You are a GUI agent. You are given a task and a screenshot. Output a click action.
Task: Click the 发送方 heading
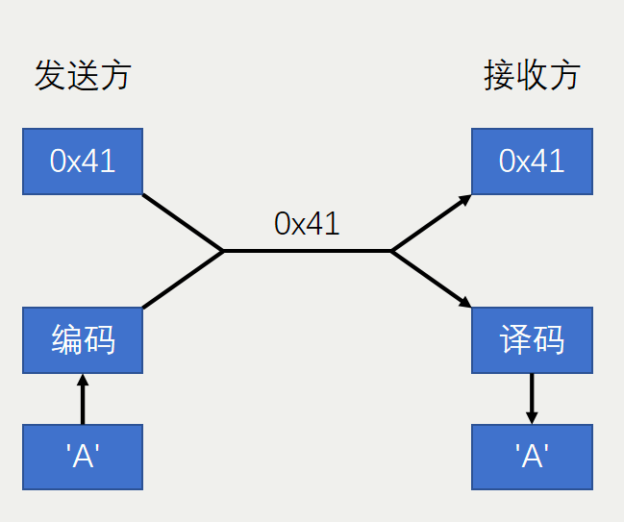click(82, 76)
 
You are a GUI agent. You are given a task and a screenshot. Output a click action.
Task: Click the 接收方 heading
click(532, 76)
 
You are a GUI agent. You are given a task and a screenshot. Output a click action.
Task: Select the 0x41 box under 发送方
click(83, 161)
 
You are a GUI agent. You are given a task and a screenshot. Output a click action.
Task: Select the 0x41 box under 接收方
click(532, 161)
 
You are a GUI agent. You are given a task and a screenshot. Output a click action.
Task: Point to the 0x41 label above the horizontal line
click(307, 223)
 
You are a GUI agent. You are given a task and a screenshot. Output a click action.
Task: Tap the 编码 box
click(83, 340)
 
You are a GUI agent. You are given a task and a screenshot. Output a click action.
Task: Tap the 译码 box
click(532, 340)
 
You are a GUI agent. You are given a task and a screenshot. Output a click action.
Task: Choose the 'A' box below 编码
click(83, 458)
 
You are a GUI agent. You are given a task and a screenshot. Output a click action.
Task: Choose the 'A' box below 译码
click(532, 458)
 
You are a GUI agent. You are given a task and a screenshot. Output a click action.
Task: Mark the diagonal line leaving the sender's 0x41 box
click(183, 223)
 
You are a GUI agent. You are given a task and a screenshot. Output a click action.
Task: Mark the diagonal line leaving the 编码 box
click(183, 280)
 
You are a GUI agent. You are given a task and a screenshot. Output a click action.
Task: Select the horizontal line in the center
click(307, 251)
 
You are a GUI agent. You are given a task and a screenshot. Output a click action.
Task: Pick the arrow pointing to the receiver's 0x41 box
click(430, 223)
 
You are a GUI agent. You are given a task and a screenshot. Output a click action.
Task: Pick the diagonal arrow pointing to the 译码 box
click(430, 279)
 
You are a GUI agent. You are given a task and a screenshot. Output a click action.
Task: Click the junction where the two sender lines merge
click(224, 251)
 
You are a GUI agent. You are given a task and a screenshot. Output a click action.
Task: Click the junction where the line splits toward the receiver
click(390, 251)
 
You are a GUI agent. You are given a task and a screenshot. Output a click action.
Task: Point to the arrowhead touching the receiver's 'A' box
click(532, 417)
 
